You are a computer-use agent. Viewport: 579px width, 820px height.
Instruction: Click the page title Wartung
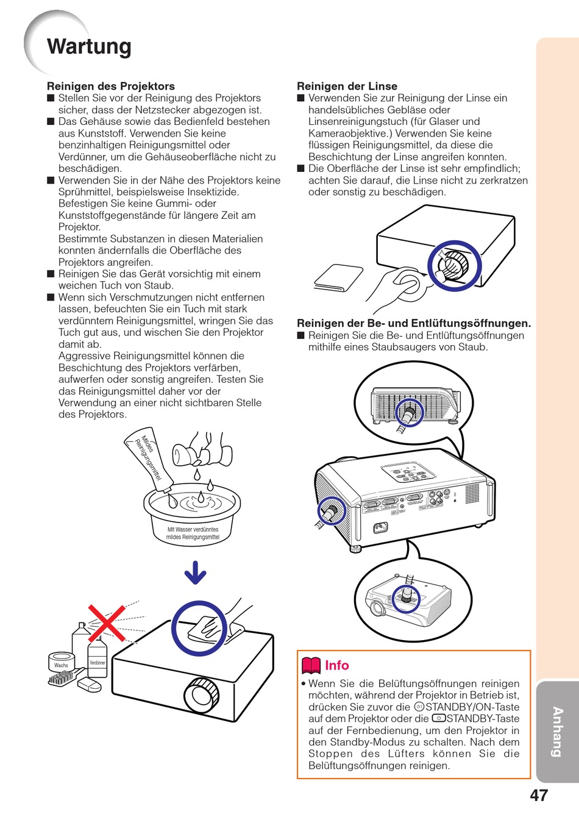point(89,47)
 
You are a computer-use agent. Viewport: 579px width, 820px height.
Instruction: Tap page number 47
point(539,796)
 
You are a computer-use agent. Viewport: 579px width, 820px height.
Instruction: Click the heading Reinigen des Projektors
point(111,86)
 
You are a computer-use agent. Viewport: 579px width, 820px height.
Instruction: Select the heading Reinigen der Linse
point(347,86)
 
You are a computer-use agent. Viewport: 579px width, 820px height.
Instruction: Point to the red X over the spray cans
point(107,622)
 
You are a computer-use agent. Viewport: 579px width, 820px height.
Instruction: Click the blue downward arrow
point(195,572)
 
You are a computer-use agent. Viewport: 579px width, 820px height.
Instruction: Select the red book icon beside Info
point(311,666)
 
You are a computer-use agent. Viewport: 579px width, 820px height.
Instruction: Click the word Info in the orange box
point(336,666)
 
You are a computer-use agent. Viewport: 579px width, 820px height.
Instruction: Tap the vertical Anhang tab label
point(557,732)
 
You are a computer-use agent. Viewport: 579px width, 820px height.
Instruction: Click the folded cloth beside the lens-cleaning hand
point(338,278)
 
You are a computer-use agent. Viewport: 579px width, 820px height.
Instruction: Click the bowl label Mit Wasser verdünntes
point(193,529)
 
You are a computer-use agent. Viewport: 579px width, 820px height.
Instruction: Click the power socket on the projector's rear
point(381,527)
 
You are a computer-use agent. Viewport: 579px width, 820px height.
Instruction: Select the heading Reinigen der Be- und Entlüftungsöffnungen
point(414,324)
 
